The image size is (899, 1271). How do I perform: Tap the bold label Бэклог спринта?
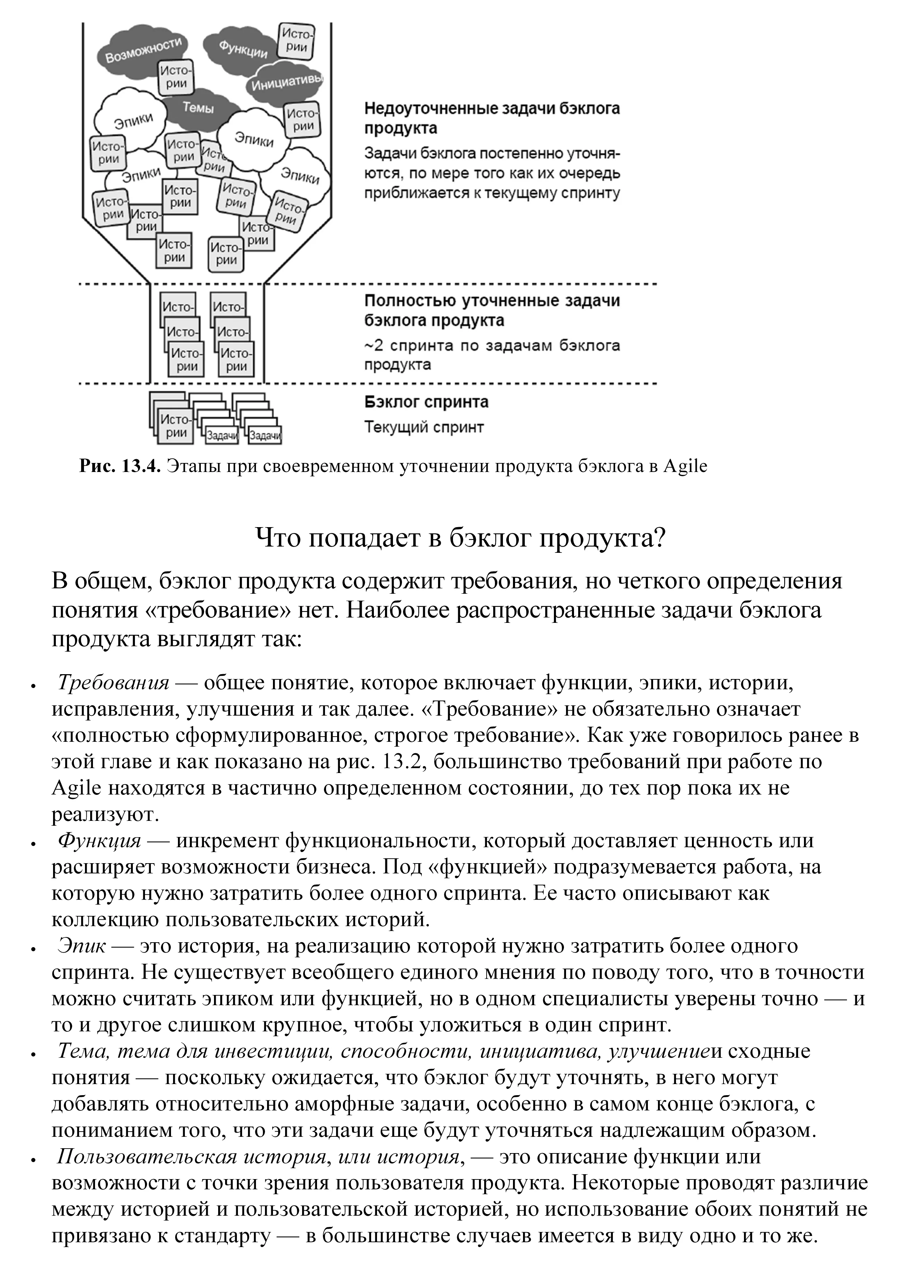click(x=426, y=402)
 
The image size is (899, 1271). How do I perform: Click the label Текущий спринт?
click(x=424, y=427)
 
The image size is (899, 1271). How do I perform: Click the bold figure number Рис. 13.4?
click(x=120, y=466)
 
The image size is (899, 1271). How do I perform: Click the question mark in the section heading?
click(x=658, y=538)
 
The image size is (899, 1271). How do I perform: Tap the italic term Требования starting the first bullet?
click(x=113, y=682)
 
